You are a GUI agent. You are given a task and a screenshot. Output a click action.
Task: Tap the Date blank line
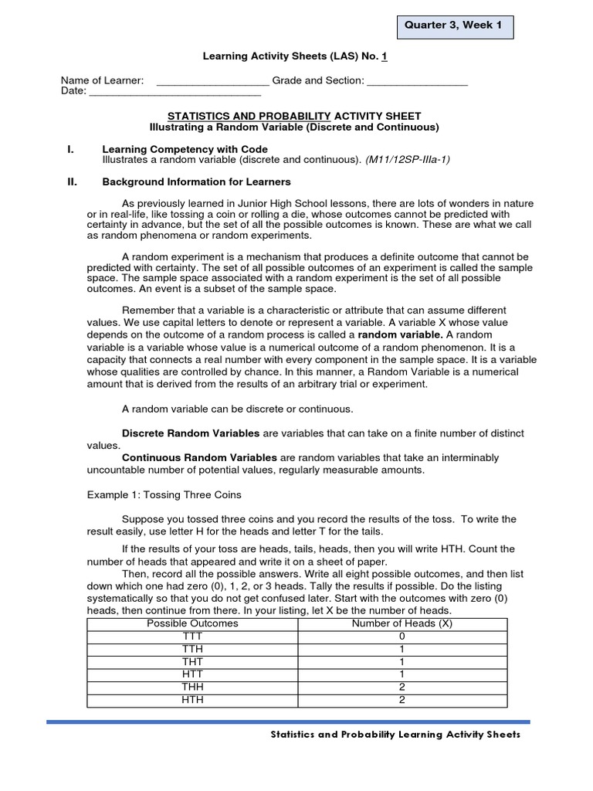coord(175,93)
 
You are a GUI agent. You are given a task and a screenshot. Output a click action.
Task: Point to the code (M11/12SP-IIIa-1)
coord(407,160)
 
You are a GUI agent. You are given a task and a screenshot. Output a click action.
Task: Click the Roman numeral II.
coord(73,182)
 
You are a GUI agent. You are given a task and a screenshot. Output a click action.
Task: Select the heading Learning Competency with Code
coord(185,149)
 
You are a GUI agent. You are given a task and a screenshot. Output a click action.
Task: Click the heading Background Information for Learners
coord(197,182)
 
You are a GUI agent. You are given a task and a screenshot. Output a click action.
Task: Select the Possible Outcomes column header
coord(192,623)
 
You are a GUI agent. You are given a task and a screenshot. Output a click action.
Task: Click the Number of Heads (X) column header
coord(402,623)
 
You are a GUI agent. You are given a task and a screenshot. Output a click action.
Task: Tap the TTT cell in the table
coord(192,637)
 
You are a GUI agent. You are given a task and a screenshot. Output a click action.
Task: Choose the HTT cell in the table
coord(192,675)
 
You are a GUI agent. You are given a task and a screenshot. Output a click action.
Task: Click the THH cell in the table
coord(192,687)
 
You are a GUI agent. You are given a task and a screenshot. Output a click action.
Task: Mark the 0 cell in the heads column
coord(402,637)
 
